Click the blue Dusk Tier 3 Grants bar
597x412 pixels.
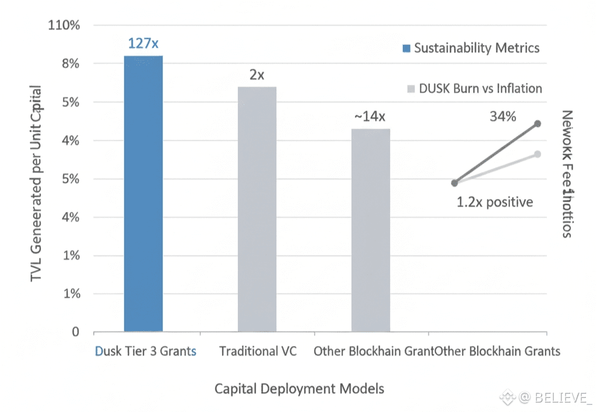click(x=143, y=193)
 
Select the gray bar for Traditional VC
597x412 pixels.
click(x=257, y=209)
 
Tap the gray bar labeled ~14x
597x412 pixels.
click(x=370, y=230)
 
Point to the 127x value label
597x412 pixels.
click(x=143, y=43)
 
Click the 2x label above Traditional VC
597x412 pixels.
click(x=257, y=75)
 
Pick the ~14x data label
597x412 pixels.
click(x=370, y=117)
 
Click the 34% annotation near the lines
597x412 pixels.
click(x=502, y=117)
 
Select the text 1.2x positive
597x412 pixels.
click(x=495, y=202)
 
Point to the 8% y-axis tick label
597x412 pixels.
click(x=70, y=64)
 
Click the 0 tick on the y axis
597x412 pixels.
click(x=75, y=332)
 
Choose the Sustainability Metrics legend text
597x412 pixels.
click(x=477, y=48)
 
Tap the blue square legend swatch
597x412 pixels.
click(x=406, y=48)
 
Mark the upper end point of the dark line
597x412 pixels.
click(x=538, y=124)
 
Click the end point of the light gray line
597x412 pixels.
click(x=538, y=154)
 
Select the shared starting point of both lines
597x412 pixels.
click(x=455, y=183)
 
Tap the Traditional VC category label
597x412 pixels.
click(x=258, y=351)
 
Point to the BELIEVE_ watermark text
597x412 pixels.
click(x=555, y=398)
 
